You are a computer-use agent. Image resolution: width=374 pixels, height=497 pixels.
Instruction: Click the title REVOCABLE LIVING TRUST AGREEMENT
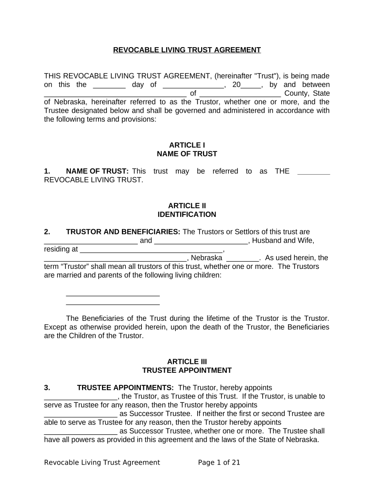pos(187,50)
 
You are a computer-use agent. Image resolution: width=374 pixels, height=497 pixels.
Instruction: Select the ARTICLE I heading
pos(187,145)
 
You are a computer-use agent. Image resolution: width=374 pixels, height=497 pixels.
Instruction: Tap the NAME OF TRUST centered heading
pos(187,154)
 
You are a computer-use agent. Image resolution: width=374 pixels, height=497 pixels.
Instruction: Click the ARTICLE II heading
pos(187,206)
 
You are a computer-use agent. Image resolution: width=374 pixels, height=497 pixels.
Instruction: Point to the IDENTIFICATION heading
pos(187,215)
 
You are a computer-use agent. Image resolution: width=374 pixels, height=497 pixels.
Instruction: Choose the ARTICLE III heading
pos(187,362)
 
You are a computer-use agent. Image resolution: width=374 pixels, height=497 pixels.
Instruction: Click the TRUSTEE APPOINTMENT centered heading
pos(187,370)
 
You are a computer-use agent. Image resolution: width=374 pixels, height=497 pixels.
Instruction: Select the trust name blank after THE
pos(313,172)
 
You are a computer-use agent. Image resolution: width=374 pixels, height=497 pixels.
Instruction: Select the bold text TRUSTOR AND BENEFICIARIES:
pos(123,232)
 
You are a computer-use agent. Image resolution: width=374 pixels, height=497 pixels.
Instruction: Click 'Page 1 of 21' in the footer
pos(219,463)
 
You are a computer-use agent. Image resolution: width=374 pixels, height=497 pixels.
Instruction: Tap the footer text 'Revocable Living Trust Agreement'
pos(102,463)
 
